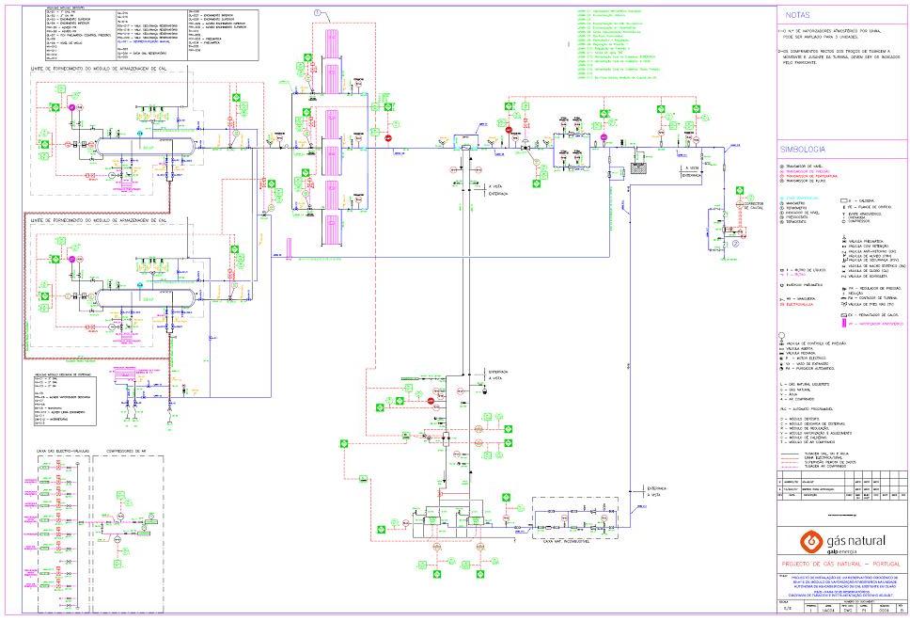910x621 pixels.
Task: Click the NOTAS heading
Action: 797,15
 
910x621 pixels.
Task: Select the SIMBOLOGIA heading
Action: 802,149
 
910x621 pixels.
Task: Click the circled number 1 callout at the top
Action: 318,13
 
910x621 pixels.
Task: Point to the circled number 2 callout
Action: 737,242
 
